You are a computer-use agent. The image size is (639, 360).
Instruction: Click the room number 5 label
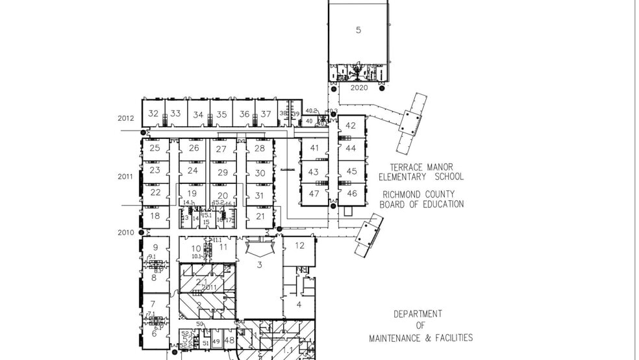358,30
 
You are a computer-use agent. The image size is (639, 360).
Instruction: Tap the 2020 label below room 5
359,88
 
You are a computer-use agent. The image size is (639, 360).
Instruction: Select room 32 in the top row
153,113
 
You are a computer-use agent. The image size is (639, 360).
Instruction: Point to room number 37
266,114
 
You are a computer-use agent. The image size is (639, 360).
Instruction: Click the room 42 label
351,125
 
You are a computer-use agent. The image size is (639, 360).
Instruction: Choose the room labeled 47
314,194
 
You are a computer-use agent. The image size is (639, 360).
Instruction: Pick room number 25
155,148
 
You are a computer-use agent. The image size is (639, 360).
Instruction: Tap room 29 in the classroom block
223,172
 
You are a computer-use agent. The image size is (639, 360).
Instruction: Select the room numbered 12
299,246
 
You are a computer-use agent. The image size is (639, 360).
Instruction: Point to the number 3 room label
260,264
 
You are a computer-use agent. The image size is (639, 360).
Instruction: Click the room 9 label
155,248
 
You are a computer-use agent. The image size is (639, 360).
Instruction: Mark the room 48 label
229,340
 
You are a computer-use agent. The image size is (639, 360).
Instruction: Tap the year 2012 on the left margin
125,118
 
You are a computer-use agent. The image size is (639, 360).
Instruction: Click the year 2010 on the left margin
125,233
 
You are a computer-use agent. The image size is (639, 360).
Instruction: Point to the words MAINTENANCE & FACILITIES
421,338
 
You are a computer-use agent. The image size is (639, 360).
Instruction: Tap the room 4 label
299,304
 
